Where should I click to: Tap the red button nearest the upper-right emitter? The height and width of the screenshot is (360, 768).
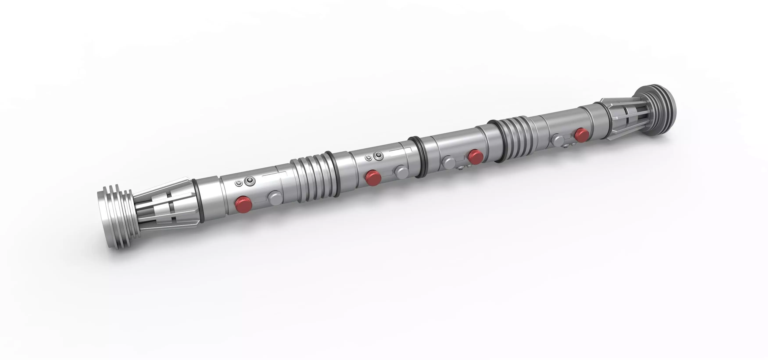(x=581, y=134)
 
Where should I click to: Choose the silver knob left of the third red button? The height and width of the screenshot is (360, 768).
(x=448, y=162)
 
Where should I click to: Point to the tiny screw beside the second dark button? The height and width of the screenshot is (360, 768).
(x=369, y=158)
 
